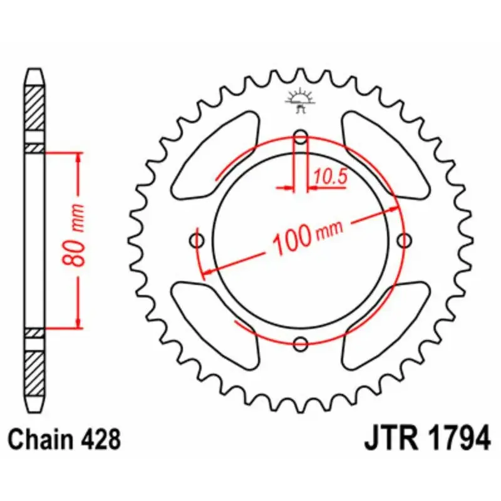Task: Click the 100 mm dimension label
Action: point(307,236)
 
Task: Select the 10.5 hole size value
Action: point(330,177)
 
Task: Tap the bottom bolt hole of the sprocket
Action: point(301,343)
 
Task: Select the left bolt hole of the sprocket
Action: point(199,240)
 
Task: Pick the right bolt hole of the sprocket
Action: point(404,240)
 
